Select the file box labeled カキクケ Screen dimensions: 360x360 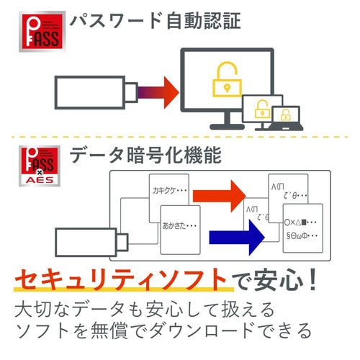point(167,194)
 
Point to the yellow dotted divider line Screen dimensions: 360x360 point(180,138)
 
